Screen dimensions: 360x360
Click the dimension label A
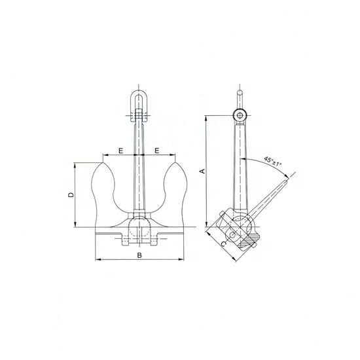coord(202,171)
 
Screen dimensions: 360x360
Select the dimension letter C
coord(224,243)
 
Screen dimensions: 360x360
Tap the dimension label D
coord(71,194)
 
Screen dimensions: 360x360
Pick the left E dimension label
coord(121,151)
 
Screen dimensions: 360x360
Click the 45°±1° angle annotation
coord(273,160)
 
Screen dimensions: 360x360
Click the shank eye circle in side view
coord(242,116)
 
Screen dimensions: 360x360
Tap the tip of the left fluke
coord(102,163)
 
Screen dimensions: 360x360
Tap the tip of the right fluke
coord(175,163)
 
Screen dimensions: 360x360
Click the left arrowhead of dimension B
coord(98,261)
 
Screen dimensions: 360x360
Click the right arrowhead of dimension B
coord(180,261)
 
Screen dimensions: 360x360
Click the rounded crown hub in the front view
coord(139,226)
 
